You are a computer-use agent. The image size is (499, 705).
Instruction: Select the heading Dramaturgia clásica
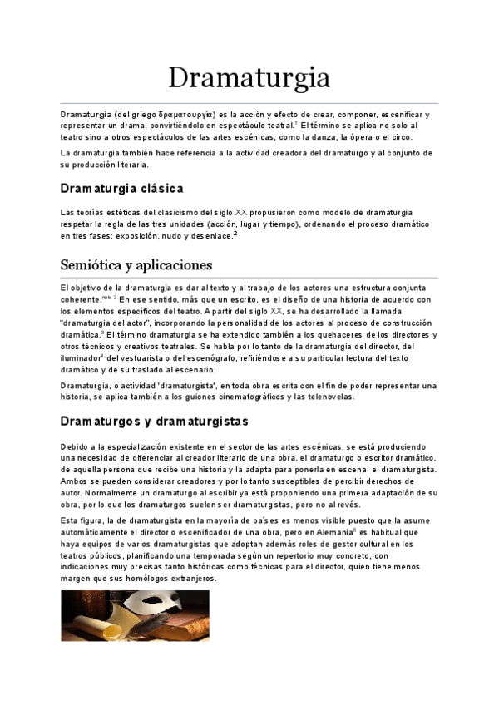click(121, 188)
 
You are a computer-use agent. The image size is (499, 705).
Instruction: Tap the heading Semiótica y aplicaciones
click(136, 265)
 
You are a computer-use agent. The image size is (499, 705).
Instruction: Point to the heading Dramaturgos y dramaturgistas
click(155, 422)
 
